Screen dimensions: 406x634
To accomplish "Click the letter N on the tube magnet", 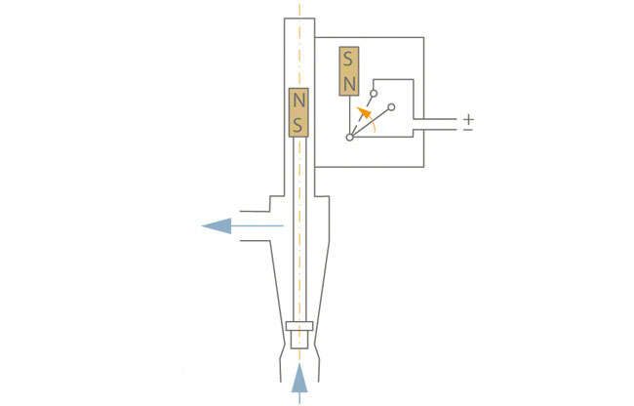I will click(x=299, y=101).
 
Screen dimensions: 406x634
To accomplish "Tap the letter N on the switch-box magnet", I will click(x=348, y=84).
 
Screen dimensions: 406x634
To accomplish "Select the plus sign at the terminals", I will click(x=468, y=118).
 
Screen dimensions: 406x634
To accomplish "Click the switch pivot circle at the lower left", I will click(x=349, y=138).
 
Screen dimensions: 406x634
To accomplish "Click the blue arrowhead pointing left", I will click(x=217, y=226).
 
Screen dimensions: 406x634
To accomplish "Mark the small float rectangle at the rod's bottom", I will click(x=299, y=326).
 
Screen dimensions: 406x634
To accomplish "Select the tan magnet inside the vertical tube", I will click(x=299, y=113).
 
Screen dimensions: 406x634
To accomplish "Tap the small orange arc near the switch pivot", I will click(x=374, y=126).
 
